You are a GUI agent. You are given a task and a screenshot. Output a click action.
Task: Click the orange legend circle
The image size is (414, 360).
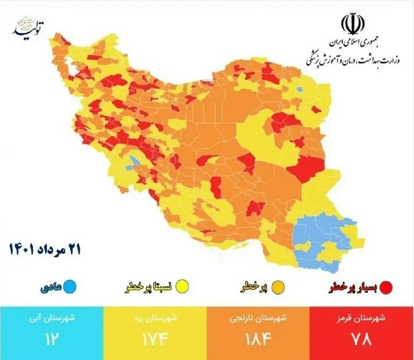point(277,287)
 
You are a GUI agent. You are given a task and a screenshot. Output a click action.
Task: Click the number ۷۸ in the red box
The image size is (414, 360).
point(362,338)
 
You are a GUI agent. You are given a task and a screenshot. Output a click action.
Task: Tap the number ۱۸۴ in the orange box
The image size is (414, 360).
point(258,338)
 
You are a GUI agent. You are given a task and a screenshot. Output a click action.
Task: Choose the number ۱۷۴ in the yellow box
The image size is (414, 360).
point(155,338)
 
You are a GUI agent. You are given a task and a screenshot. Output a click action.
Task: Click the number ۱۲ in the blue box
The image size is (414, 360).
point(51,338)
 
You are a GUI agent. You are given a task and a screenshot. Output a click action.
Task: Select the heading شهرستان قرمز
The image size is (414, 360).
point(362,319)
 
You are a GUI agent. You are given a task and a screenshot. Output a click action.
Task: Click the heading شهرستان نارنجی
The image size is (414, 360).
point(258,319)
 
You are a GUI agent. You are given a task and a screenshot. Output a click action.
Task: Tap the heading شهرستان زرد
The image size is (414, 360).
point(155,319)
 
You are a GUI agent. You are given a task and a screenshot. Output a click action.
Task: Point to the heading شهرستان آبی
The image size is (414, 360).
point(51,319)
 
